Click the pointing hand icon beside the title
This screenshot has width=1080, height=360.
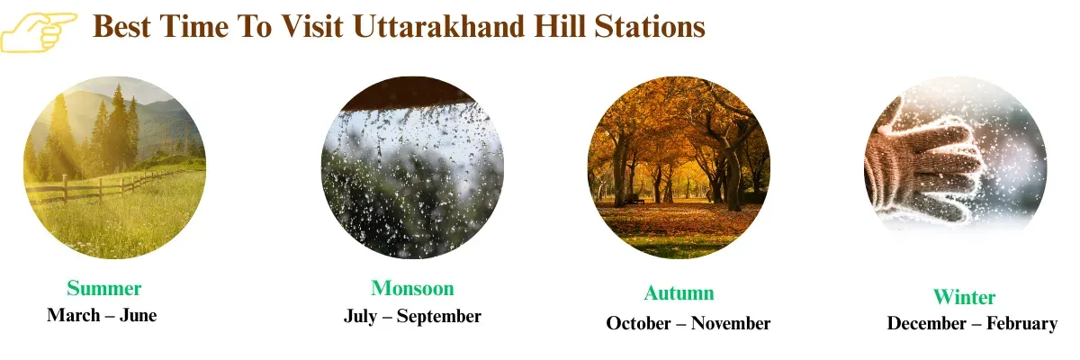point(38,31)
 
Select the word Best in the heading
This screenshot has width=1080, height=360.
point(121,27)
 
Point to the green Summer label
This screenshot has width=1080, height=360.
point(103,288)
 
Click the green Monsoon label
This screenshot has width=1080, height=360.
point(412,288)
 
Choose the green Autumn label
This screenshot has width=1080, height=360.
point(679,292)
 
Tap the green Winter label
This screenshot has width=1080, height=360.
point(964,297)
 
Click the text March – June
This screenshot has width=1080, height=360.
point(102,316)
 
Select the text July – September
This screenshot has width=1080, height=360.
point(412,317)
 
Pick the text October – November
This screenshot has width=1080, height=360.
point(688,323)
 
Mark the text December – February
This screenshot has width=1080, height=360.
point(972,323)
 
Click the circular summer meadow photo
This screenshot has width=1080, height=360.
point(114,166)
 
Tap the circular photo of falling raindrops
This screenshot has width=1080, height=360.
point(412,175)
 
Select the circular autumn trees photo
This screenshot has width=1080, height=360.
point(679,166)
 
